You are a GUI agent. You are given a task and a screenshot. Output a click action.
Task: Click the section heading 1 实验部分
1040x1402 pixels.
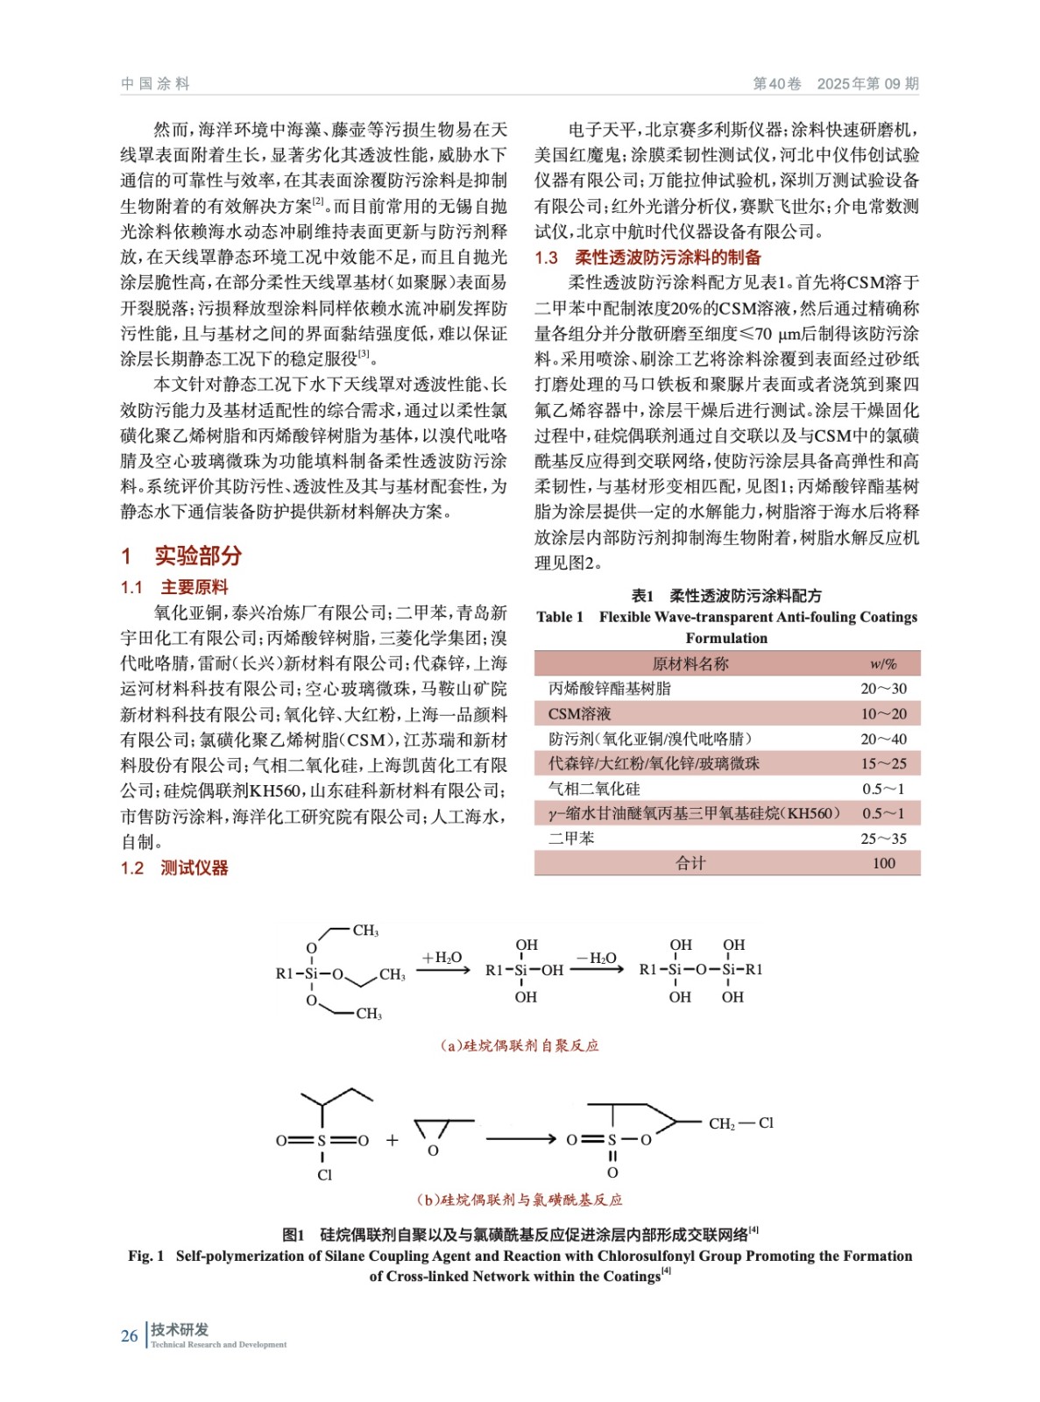181,556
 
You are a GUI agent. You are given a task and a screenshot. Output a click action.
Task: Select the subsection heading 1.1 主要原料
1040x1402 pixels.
174,587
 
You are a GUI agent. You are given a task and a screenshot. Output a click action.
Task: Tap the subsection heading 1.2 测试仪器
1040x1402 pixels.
174,867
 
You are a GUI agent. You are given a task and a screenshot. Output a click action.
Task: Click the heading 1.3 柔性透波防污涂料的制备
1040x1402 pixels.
647,258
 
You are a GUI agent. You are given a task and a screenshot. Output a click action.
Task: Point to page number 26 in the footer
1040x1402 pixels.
129,1336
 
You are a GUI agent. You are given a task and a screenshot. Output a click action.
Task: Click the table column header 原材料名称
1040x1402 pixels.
690,664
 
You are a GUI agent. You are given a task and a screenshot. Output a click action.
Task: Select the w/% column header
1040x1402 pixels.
882,664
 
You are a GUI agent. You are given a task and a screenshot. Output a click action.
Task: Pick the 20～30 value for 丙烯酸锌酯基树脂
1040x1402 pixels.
882,689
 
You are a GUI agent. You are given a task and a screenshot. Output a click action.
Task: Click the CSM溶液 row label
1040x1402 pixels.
579,714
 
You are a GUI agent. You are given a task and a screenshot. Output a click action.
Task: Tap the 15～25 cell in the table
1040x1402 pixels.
882,764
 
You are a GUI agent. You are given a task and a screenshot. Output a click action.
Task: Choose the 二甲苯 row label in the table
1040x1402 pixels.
571,839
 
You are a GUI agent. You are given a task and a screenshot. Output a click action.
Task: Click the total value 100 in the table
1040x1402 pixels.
883,863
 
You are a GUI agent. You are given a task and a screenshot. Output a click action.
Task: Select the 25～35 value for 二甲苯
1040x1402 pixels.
882,839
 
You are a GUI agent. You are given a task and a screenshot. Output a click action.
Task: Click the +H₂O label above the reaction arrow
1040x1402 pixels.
442,958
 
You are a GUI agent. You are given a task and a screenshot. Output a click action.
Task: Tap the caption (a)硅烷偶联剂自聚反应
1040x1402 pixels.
520,1045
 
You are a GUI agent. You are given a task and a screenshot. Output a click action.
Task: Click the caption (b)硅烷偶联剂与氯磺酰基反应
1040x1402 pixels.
520,1200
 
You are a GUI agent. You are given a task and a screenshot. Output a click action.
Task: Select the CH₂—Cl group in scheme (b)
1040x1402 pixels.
740,1123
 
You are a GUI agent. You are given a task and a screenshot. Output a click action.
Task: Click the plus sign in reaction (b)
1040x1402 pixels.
392,1140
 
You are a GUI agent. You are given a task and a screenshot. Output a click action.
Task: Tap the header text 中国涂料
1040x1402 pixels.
155,83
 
